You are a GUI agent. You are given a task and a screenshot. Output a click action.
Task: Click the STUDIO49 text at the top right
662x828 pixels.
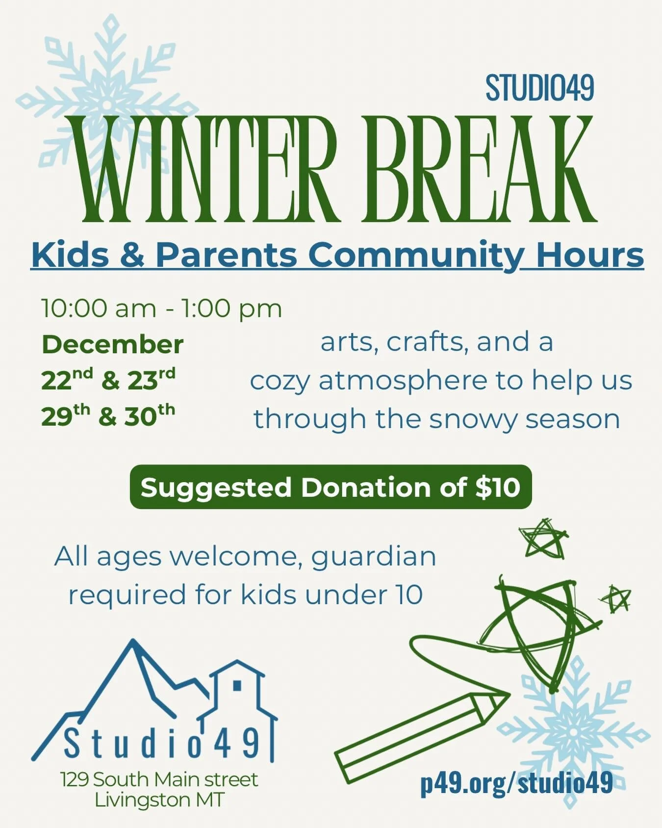[539, 89]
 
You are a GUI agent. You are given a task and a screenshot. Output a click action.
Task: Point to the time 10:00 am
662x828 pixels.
[98, 309]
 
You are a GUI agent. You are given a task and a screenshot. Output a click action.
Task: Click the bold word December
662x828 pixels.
[113, 344]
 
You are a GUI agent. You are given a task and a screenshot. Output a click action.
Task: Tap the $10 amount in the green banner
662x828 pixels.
[498, 487]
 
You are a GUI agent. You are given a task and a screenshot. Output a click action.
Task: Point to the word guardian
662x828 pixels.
[374, 557]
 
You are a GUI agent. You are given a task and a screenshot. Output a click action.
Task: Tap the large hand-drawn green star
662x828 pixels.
[539, 625]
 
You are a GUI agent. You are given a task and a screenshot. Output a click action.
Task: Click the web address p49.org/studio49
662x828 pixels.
[516, 782]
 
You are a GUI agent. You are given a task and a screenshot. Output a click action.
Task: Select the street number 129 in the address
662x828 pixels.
[75, 779]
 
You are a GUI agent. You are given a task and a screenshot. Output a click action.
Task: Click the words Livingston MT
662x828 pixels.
[159, 800]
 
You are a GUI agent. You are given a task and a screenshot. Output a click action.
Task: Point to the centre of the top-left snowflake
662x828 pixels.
[106, 104]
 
